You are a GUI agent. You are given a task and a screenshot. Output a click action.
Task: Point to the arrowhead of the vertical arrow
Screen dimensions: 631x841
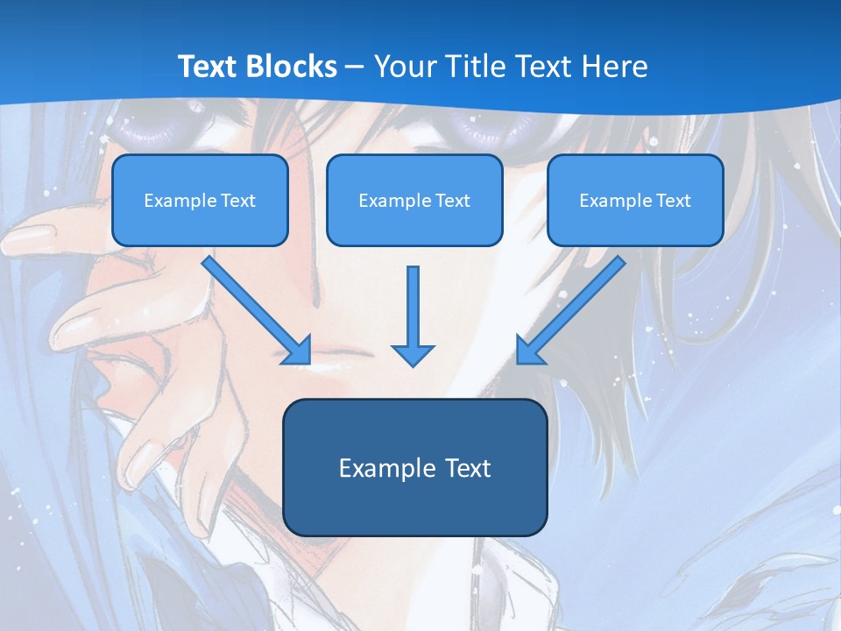point(413,354)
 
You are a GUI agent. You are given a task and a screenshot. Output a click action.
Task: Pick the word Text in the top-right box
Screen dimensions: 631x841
point(674,201)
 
